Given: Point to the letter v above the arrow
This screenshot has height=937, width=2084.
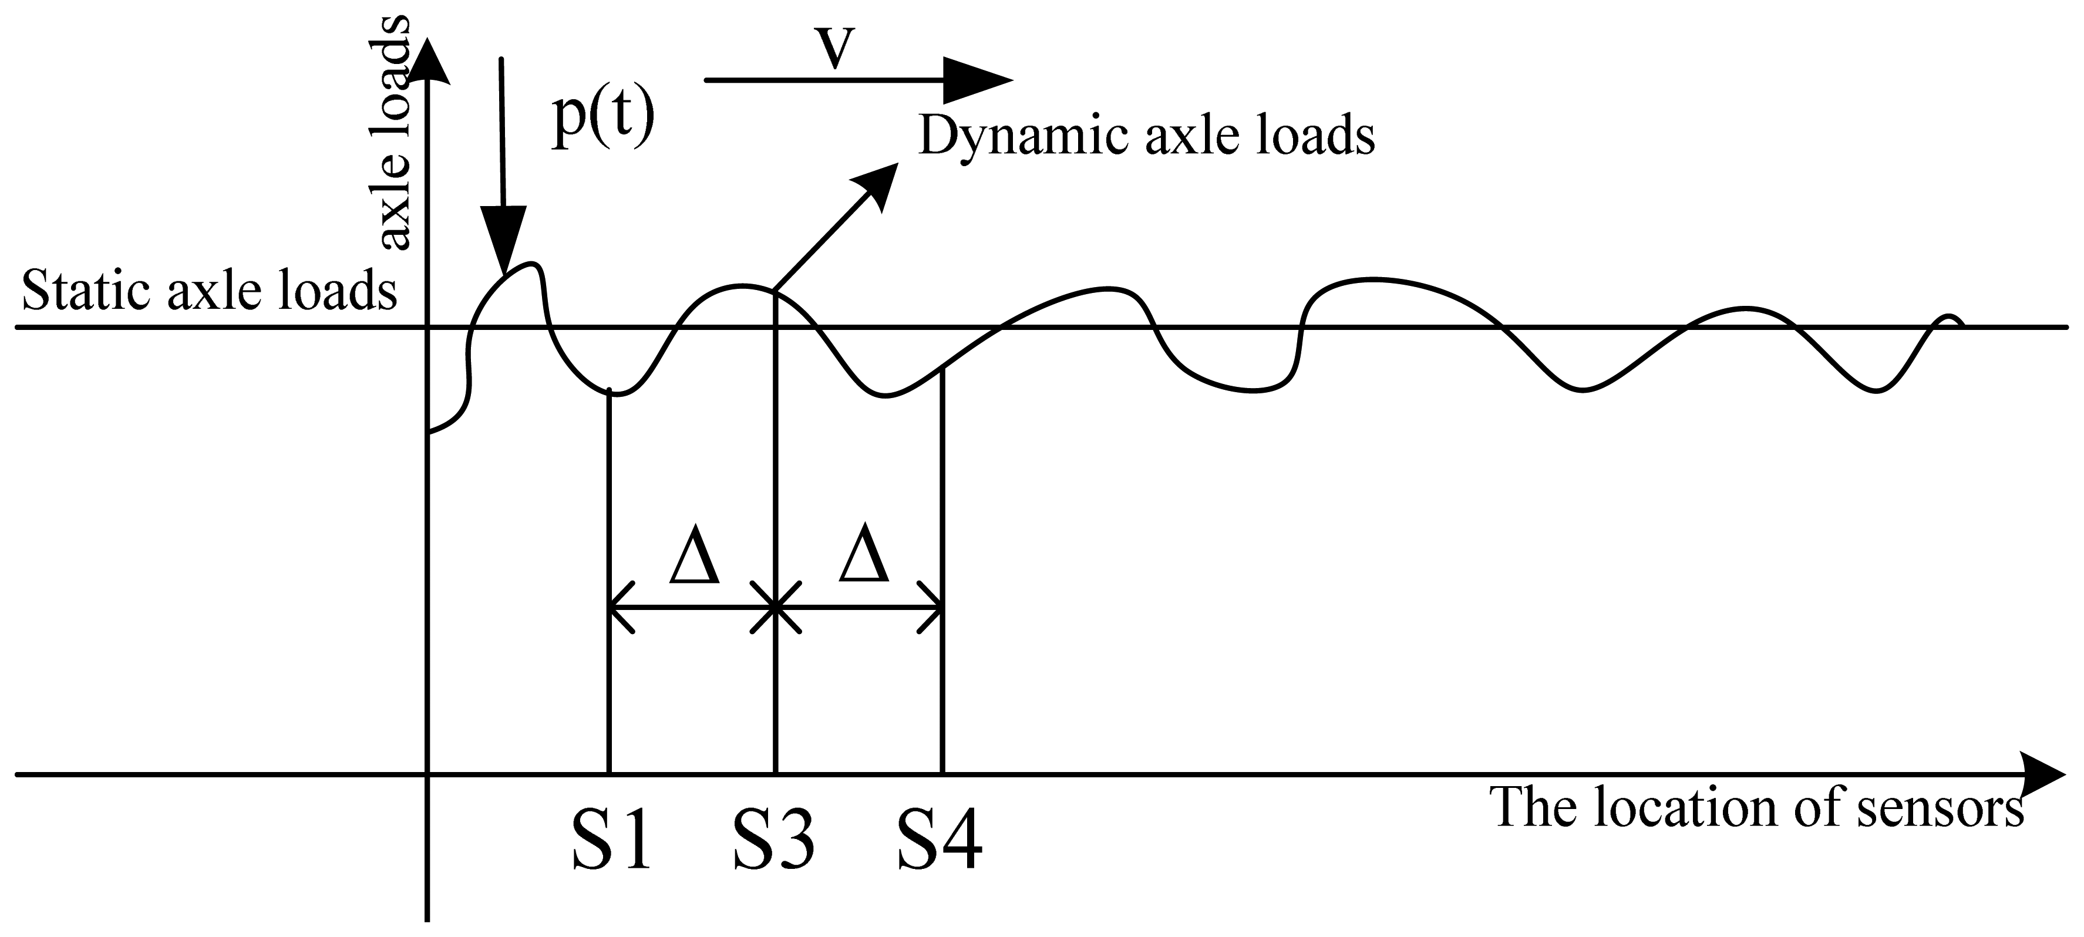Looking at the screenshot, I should tap(835, 49).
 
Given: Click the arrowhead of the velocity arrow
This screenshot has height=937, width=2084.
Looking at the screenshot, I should tap(981, 80).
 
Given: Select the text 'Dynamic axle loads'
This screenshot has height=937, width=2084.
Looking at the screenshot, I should tap(1146, 136).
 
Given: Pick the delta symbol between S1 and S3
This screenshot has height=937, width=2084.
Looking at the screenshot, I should tap(694, 561).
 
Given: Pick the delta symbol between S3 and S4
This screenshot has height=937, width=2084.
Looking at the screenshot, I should tap(864, 561).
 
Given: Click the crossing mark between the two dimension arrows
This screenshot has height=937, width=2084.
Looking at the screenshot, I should tap(775, 607).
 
